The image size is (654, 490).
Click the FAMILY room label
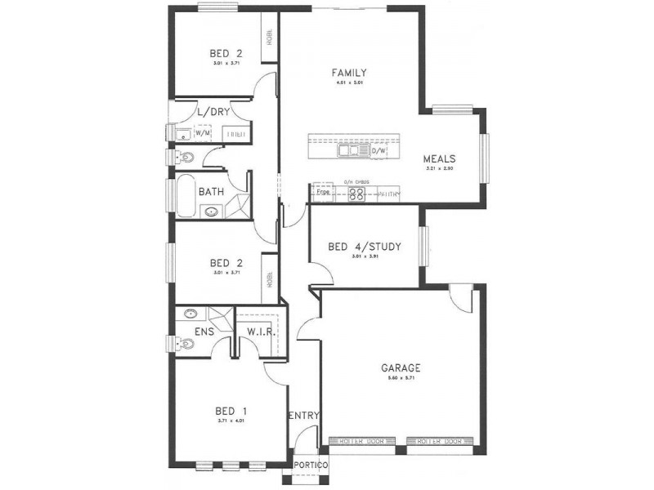click(348, 72)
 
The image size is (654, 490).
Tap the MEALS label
click(439, 159)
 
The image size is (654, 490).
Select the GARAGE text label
click(401, 367)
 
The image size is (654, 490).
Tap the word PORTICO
click(311, 465)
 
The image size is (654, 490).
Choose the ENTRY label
click(303, 416)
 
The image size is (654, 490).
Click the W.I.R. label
click(259, 333)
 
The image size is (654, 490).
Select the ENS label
click(204, 333)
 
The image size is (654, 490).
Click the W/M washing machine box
click(202, 132)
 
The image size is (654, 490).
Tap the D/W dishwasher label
click(379, 151)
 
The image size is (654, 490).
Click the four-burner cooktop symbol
click(357, 194)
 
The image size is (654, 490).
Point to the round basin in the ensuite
click(190, 313)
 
